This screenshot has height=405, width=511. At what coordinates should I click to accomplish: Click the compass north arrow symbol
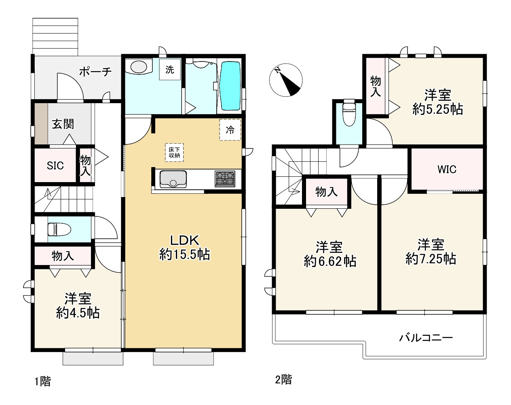286,80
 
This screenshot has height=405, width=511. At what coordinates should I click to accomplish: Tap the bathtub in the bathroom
230,86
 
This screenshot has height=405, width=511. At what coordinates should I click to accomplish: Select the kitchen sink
173,179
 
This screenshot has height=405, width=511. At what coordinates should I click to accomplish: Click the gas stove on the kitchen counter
225,179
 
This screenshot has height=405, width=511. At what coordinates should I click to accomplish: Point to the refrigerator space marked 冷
230,130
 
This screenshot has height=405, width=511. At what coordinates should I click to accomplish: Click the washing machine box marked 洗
170,70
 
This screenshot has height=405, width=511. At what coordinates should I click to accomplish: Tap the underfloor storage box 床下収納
174,153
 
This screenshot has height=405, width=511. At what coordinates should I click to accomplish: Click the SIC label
55,165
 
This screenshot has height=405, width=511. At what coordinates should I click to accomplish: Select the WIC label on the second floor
447,170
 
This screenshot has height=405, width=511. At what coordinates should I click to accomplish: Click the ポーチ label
95,71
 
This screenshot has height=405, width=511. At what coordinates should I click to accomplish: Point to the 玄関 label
63,124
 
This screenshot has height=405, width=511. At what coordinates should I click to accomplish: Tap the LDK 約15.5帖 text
185,248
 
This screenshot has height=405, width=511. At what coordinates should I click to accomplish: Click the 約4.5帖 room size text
78,313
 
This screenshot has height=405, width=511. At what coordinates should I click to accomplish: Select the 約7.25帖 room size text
431,259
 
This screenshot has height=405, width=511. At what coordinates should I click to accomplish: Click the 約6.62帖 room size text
330,261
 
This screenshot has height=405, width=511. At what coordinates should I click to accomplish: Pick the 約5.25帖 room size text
438,109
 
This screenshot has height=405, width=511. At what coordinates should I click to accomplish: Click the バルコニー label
426,338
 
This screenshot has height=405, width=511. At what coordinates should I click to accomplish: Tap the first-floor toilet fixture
59,229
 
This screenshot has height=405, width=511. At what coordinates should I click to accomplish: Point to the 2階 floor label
283,380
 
